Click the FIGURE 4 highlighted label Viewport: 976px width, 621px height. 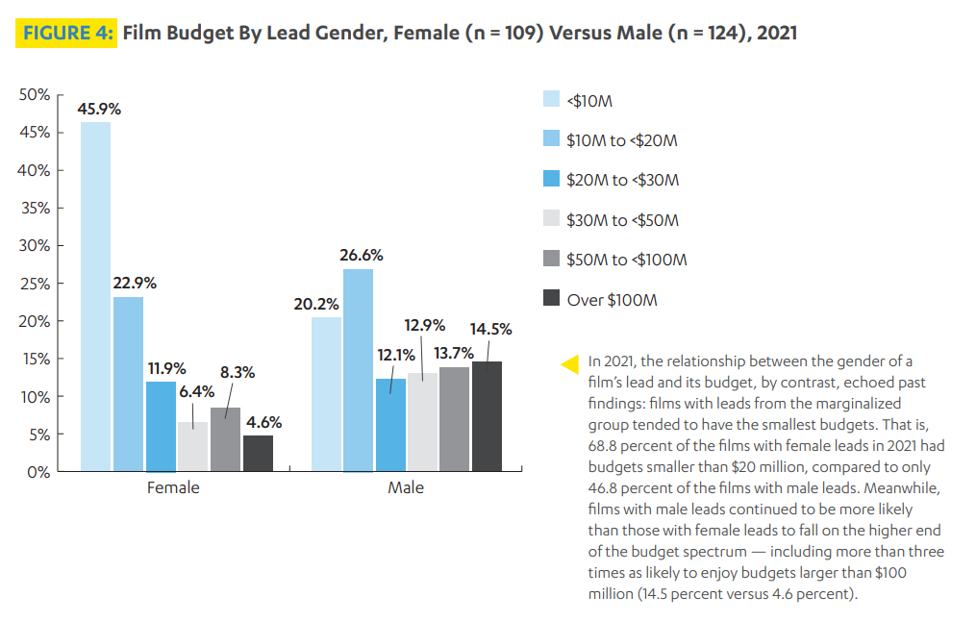(67, 34)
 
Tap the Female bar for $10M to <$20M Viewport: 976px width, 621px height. (128, 384)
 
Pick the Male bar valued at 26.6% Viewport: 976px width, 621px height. (359, 370)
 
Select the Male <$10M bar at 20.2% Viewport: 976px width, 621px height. (326, 394)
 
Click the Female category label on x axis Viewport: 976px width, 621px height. (173, 487)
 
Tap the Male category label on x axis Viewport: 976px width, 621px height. (406, 487)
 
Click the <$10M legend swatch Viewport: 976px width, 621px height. (552, 99)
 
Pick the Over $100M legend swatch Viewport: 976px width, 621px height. (552, 299)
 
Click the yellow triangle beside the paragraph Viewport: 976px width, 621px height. (569, 363)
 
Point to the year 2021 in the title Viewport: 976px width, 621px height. (777, 34)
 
